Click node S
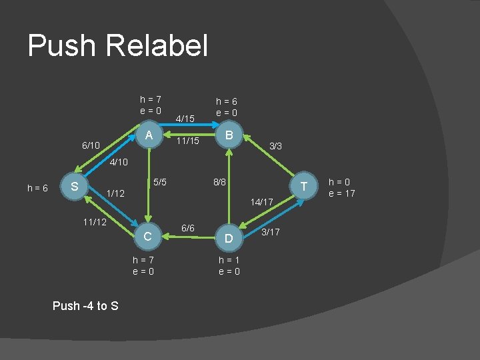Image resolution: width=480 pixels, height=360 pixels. coord(75,186)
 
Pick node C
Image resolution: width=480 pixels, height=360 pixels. coord(149,236)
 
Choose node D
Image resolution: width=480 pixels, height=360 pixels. coord(229,237)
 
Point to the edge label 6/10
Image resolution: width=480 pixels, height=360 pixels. coord(90,145)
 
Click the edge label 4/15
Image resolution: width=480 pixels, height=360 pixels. coord(184,119)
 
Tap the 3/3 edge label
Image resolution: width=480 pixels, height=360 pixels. coord(275,145)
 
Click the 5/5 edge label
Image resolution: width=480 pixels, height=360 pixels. coord(161,181)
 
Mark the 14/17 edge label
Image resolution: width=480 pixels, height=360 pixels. coord(262,201)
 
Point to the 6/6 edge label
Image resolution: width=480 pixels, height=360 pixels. coord(188,229)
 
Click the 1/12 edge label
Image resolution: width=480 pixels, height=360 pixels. coord(116,194)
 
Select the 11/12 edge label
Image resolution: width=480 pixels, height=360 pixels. coord(93,221)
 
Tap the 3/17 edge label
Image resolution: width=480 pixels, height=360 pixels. coord(271,232)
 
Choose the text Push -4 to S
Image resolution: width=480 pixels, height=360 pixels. coord(85,306)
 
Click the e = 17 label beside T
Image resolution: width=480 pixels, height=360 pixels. coord(343,194)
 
